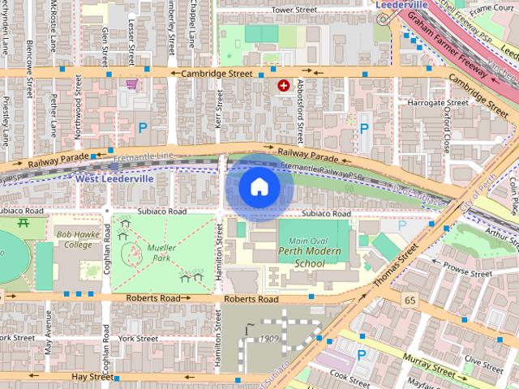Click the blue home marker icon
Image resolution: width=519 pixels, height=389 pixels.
tap(259, 186)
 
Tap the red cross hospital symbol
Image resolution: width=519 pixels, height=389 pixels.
tap(284, 85)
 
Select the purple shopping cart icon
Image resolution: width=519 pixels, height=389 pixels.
tap(131, 84)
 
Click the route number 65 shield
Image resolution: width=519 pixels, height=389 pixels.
tap(410, 300)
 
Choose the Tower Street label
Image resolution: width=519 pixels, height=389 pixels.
tap(294, 10)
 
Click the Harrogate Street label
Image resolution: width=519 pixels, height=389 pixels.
tap(439, 103)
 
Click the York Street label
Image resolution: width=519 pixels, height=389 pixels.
tap(136, 338)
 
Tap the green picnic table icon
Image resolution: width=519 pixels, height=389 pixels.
tap(24, 223)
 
